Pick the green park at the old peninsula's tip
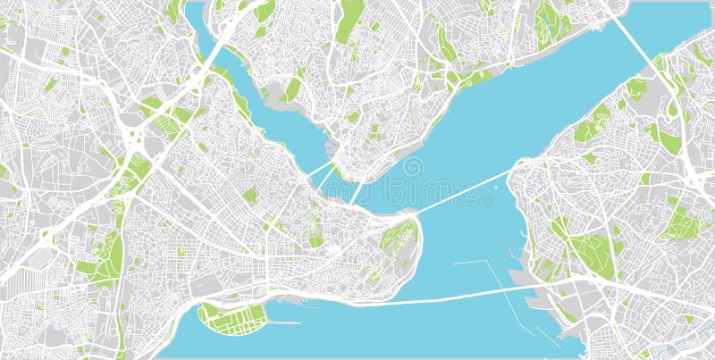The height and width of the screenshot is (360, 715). (398, 237)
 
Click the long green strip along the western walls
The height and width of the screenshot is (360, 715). (109, 255)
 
